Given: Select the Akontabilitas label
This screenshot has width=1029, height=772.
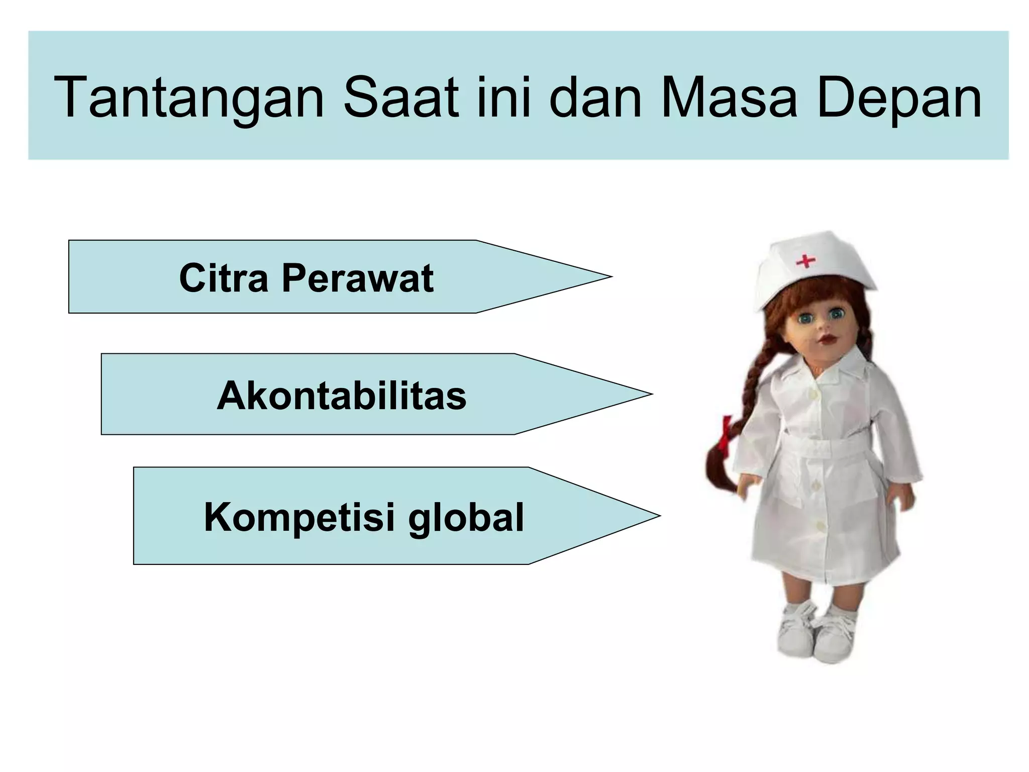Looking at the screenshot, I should point(342,396).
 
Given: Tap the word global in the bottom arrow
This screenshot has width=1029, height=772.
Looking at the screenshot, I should point(466,517).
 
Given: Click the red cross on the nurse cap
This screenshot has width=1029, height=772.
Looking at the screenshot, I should point(805,261).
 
